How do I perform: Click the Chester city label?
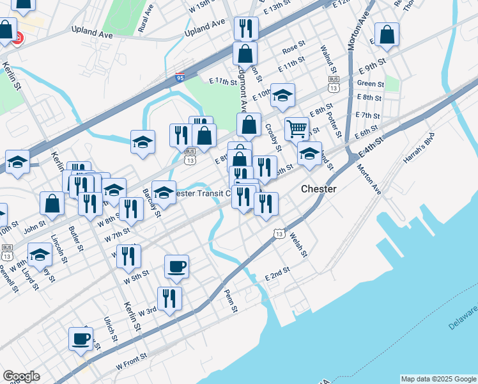(318, 189)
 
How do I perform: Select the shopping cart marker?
(297, 129)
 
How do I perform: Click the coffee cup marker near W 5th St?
(176, 266)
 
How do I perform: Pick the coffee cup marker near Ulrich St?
(81, 339)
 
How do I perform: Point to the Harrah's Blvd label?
(419, 148)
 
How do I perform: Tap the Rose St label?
(291, 48)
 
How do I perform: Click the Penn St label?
(231, 301)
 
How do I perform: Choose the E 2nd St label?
(277, 274)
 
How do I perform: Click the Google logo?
(21, 376)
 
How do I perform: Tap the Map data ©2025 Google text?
(438, 379)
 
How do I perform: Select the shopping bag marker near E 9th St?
(387, 35)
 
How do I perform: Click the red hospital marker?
(18, 38)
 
